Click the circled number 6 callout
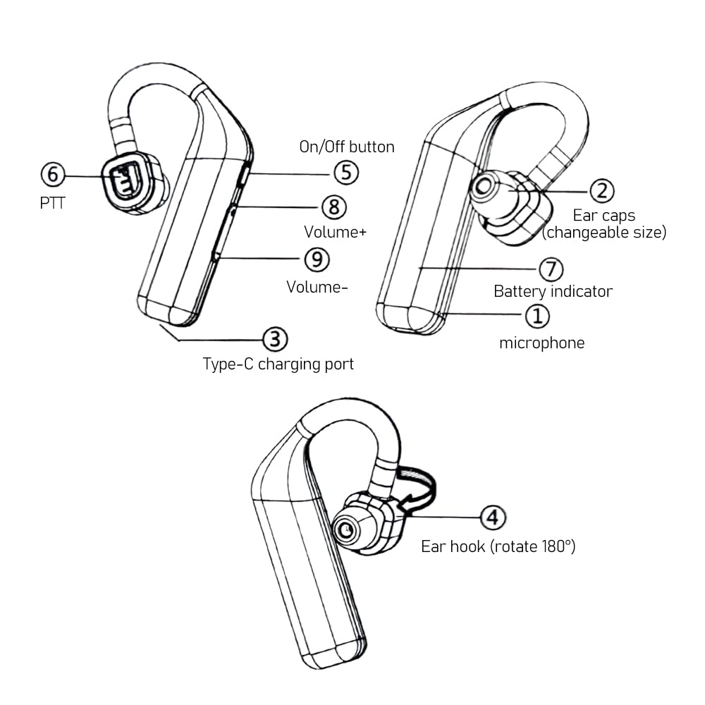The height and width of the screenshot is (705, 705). [x=52, y=173]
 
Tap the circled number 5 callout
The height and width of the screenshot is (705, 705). [x=346, y=173]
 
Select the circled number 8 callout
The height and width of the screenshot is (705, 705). [x=334, y=207]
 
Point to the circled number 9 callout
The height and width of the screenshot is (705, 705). [x=317, y=259]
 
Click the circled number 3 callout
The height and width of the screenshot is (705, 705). [x=275, y=339]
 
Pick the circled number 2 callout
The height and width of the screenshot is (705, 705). [x=602, y=190]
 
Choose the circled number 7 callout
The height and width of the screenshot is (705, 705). [x=551, y=269]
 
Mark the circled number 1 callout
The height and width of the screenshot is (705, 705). [x=537, y=316]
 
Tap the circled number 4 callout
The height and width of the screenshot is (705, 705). [x=493, y=518]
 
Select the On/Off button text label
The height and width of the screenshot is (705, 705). [x=347, y=147]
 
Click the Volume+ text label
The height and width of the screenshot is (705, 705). [x=335, y=232]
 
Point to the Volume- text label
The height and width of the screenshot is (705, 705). [x=317, y=287]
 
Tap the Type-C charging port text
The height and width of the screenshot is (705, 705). [x=278, y=364]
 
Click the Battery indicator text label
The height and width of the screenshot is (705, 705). [x=553, y=291]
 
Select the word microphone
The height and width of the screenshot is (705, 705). [x=541, y=343]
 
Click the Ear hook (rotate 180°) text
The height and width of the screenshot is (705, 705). [x=498, y=546]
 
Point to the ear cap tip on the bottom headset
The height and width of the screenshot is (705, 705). [x=346, y=531]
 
